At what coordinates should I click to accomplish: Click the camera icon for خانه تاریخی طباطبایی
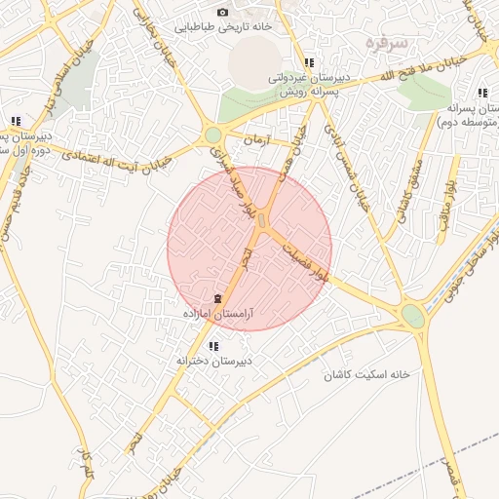point(222,12)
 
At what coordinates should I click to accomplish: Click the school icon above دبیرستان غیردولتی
point(309,62)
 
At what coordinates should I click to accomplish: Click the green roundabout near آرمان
point(212,135)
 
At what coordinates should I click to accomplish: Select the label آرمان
point(253,139)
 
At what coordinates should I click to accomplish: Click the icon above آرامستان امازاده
point(216,298)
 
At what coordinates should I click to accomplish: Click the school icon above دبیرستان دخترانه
point(212,346)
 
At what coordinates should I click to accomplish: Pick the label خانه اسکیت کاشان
point(371,374)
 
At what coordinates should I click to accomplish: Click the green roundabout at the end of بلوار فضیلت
point(413,316)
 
